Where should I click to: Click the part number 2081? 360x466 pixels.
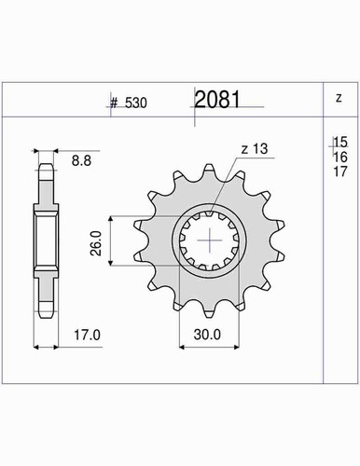pyautogui.click(x=217, y=100)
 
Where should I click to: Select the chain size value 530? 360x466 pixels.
pyautogui.click(x=136, y=103)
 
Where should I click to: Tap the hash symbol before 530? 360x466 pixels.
pyautogui.click(x=114, y=103)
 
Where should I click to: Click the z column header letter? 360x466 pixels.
pyautogui.click(x=339, y=98)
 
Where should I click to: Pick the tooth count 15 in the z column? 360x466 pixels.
pyautogui.click(x=340, y=142)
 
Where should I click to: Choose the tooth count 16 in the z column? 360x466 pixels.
pyautogui.click(x=340, y=158)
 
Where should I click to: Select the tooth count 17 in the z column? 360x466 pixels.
pyautogui.click(x=340, y=171)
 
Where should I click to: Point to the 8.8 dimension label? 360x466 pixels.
pyautogui.click(x=81, y=161)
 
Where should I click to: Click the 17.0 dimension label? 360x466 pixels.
pyautogui.click(x=87, y=336)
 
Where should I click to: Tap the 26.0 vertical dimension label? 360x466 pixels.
pyautogui.click(x=96, y=243)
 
